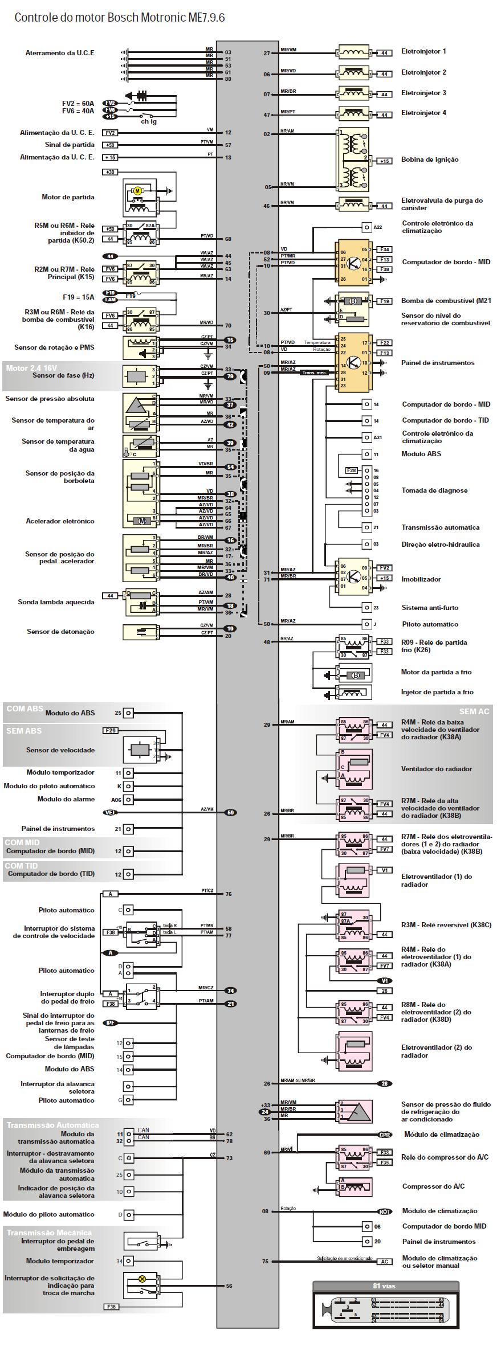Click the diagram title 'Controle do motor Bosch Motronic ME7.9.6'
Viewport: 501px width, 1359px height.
(120, 18)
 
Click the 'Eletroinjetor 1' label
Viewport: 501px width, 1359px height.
(423, 51)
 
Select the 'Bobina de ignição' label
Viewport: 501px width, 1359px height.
(429, 159)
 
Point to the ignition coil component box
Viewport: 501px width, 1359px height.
(353, 159)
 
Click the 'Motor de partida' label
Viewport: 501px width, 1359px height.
(68, 197)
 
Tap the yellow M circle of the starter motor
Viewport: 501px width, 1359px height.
(137, 191)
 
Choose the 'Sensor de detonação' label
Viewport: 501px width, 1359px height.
(60, 632)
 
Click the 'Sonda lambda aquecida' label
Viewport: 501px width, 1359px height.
(56, 602)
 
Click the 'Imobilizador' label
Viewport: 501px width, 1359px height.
(421, 579)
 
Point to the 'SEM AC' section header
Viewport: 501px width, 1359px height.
(474, 711)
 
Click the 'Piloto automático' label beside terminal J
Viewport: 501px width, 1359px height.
(430, 624)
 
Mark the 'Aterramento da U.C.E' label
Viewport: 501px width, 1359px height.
(60, 53)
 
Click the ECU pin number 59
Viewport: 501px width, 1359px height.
(231, 813)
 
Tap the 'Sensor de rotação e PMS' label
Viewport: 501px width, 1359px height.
(54, 347)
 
